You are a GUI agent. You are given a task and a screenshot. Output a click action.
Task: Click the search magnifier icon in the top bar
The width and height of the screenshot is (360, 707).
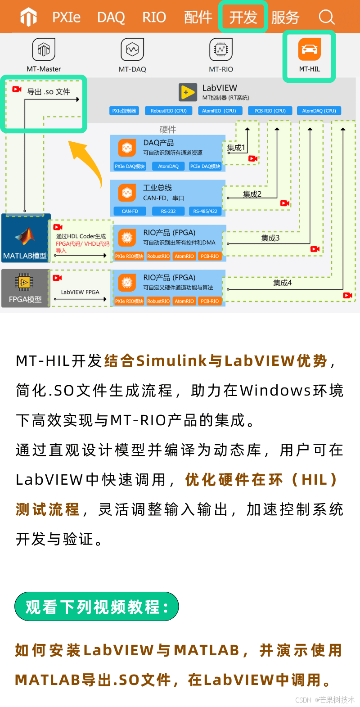click(326, 18)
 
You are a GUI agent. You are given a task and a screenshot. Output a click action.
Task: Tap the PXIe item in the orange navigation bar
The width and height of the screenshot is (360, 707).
click(66, 18)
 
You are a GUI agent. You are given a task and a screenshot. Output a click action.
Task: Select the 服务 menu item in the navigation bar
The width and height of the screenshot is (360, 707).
click(285, 18)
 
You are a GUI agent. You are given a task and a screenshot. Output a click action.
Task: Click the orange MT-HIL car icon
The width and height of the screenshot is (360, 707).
click(309, 49)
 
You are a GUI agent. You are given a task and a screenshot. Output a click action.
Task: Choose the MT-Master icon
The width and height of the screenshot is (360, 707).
click(44, 49)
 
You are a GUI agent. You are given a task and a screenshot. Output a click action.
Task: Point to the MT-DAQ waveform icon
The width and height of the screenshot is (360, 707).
click(132, 49)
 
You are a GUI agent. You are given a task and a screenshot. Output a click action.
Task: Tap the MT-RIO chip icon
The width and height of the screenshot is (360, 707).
click(221, 49)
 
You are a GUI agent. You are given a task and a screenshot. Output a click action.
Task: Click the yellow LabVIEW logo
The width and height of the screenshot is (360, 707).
click(188, 92)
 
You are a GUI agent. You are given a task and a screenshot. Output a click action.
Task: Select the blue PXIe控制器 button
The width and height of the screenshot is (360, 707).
click(124, 111)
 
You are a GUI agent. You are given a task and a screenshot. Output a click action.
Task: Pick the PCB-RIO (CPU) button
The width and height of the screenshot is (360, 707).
click(270, 111)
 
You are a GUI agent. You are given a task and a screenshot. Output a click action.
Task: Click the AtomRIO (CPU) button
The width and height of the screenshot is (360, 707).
click(219, 111)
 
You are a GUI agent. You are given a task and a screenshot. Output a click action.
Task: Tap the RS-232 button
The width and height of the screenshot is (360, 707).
click(168, 211)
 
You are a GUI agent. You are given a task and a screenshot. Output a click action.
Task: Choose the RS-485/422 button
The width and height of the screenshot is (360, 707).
click(205, 211)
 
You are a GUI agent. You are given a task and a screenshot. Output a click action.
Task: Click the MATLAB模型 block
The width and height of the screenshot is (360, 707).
click(26, 238)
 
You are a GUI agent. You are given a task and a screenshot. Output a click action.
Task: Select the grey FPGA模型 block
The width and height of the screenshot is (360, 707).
click(25, 288)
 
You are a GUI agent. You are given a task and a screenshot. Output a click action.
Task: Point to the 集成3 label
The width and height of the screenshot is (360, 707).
click(270, 238)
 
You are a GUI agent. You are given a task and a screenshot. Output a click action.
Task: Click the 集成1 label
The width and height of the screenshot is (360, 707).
click(236, 148)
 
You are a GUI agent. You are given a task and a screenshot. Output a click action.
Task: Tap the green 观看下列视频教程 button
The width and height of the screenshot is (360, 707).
click(97, 607)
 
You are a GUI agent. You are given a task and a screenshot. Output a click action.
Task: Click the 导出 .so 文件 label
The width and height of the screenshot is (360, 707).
click(49, 92)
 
